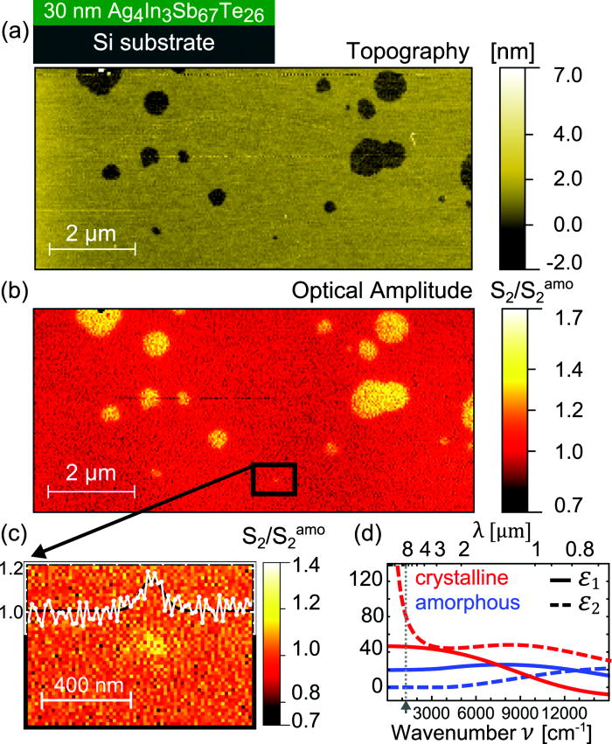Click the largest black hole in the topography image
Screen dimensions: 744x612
tap(374, 158)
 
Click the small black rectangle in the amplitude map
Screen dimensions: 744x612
tap(275, 479)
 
